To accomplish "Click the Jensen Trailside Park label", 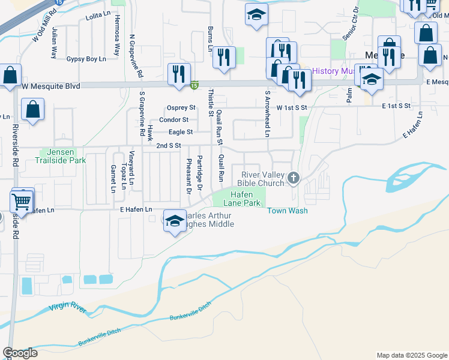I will click(x=58, y=157).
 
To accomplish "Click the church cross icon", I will click(x=294, y=177).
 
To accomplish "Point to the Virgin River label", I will click(x=68, y=308).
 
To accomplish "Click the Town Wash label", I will click(x=287, y=211).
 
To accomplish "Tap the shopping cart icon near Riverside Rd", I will click(x=22, y=201).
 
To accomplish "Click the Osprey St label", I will click(x=181, y=107).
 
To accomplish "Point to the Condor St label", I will click(x=178, y=119).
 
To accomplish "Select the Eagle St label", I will click(x=180, y=132).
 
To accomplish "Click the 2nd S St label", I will click(x=168, y=146).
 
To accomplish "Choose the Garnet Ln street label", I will click(x=112, y=178).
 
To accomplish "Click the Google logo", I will click(x=20, y=353).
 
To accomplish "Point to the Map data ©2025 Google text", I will click(x=411, y=355).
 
